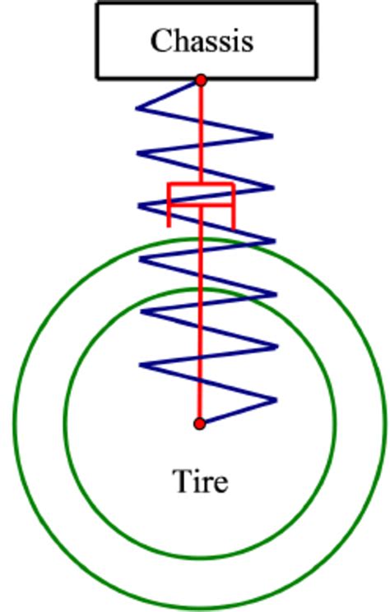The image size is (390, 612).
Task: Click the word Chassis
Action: click(x=202, y=40)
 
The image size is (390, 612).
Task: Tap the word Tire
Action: click(x=200, y=481)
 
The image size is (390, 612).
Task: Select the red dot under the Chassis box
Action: click(x=201, y=81)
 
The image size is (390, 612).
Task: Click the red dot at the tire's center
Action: click(x=199, y=424)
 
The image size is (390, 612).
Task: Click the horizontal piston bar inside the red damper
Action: click(x=201, y=205)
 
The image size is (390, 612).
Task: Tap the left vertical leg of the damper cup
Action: click(x=169, y=205)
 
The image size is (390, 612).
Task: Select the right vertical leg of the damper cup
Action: click(x=234, y=205)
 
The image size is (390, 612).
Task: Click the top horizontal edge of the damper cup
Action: click(x=201, y=184)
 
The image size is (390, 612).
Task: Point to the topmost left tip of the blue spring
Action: click(x=137, y=107)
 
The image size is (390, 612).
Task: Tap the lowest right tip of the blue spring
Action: click(x=276, y=400)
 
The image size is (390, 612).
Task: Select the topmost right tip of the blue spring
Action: click(x=272, y=136)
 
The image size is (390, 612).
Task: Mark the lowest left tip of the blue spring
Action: click(x=140, y=366)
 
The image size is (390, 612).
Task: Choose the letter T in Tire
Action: click(x=181, y=481)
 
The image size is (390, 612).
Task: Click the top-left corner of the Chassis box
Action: click(x=97, y=3)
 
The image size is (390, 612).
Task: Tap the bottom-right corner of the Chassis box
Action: click(x=316, y=78)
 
